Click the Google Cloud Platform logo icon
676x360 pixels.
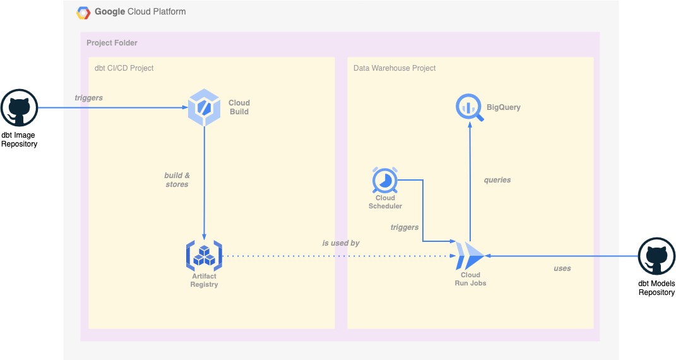tap(83, 12)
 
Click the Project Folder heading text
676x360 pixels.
tap(112, 43)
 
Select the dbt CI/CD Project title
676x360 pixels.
tap(124, 68)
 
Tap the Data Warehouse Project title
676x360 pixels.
tap(394, 68)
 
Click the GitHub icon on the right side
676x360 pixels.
tap(657, 256)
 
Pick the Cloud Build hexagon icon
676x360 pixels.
tap(204, 107)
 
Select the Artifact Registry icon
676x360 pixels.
tap(204, 255)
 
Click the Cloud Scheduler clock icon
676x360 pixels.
tap(384, 181)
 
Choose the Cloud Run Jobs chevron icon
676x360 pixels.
tap(470, 256)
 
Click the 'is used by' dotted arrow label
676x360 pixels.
tap(341, 243)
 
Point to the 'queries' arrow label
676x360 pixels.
tap(497, 180)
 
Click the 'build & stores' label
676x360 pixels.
tap(177, 180)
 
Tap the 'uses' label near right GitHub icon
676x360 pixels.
tap(562, 268)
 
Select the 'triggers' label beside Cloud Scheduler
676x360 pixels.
tap(405, 227)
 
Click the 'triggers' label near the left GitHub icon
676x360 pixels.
tap(88, 98)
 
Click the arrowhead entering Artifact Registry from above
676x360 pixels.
tap(204, 235)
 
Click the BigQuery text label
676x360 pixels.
tap(503, 107)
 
